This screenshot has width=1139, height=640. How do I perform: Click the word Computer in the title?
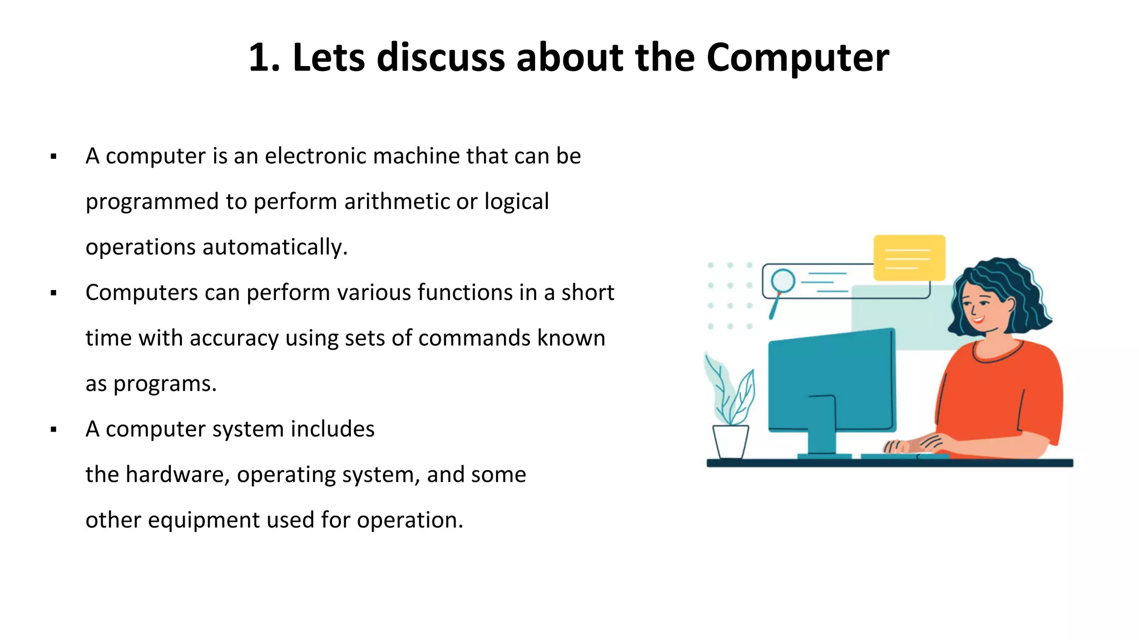coord(798,58)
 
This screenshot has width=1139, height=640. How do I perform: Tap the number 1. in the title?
coord(264,58)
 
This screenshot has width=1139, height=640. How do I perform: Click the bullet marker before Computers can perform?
coord(53,293)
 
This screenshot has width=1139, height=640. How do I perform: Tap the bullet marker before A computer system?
coord(53,429)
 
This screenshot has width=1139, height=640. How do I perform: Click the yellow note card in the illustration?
coord(909,258)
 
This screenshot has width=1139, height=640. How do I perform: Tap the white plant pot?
coord(730,441)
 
